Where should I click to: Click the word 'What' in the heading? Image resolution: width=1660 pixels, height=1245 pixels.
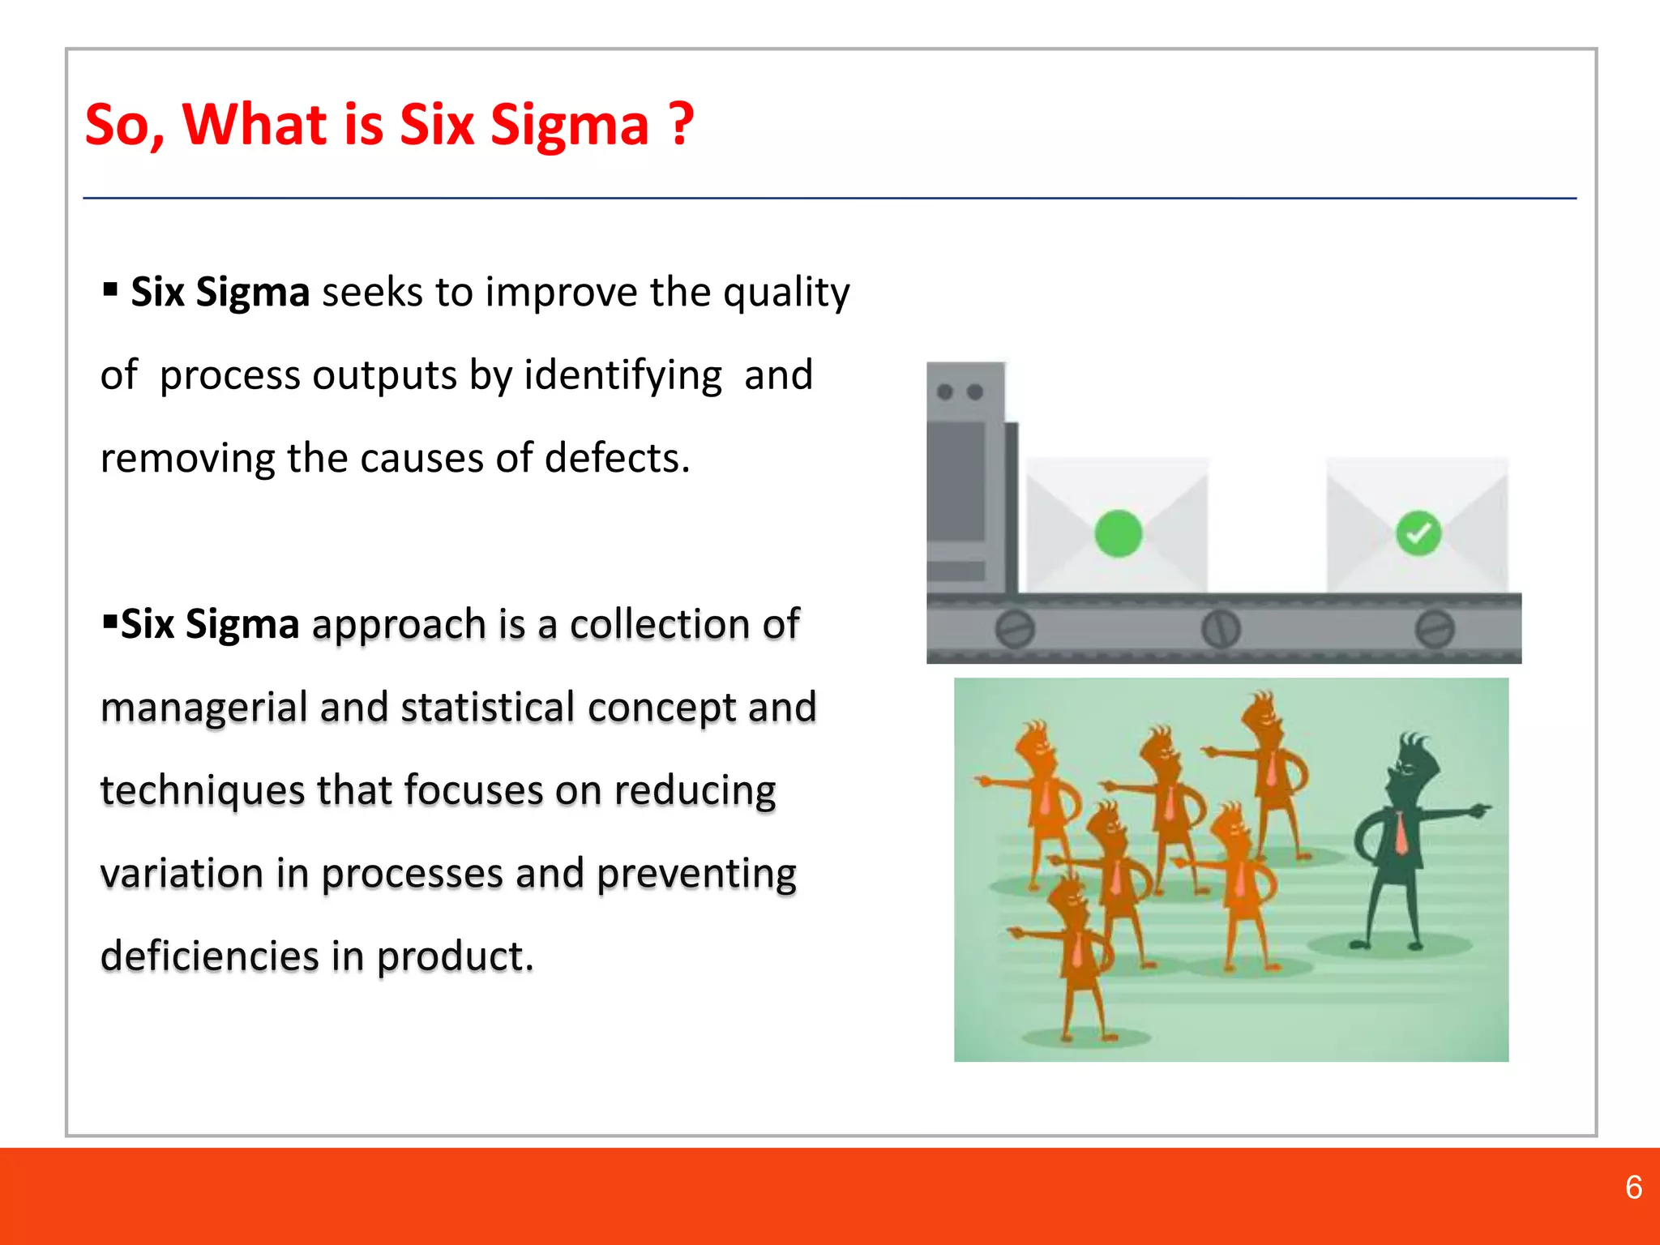(x=255, y=125)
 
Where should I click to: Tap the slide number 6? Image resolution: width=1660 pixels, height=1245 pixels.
(x=1633, y=1187)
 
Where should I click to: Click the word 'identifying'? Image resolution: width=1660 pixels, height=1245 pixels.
(x=622, y=376)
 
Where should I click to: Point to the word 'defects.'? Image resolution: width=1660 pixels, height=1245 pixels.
(x=617, y=458)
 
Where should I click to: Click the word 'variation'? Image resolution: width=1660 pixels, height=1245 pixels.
(x=182, y=874)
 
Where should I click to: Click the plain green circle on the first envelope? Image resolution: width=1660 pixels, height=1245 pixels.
(x=1118, y=533)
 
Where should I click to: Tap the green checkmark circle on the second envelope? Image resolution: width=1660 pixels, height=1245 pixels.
(x=1418, y=533)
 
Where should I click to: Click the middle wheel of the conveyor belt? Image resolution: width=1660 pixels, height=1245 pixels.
(x=1220, y=629)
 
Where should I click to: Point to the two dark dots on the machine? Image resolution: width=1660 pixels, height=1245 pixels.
(x=960, y=392)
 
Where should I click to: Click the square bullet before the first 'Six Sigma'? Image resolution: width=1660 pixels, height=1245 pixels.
(x=111, y=289)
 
